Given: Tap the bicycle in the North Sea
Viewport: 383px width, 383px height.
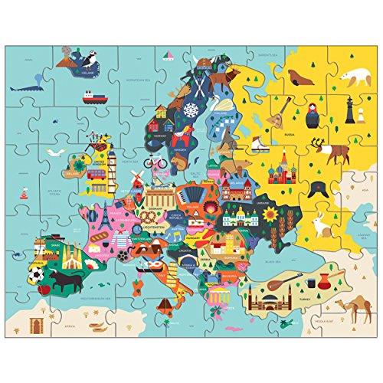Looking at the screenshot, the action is coord(154,162).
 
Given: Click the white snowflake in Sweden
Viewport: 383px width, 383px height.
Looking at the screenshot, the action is coord(189,110).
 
